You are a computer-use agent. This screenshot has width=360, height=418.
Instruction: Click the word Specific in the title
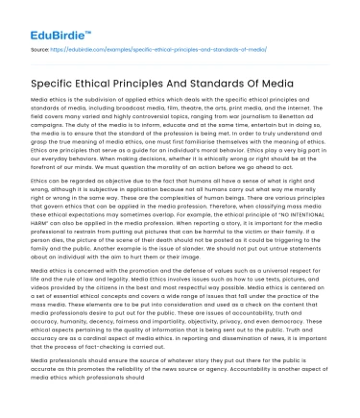click(58, 85)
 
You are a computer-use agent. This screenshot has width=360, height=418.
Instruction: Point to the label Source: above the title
click(41, 45)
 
